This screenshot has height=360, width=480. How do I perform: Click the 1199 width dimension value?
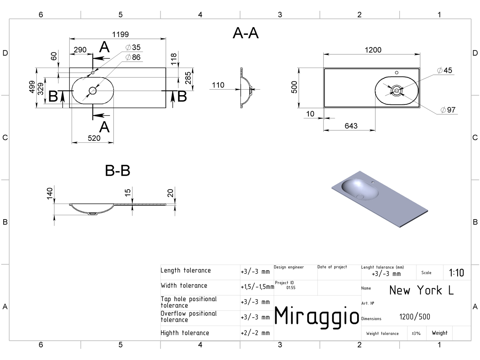click(120, 34)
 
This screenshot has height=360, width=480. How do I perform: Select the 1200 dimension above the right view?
click(373, 50)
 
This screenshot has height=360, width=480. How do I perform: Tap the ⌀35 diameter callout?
click(133, 47)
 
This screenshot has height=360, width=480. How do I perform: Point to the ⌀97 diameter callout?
click(448, 110)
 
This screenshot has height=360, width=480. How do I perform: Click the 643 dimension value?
click(351, 126)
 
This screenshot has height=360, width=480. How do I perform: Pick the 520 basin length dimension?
click(94, 138)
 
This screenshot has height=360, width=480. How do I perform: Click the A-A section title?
click(246, 33)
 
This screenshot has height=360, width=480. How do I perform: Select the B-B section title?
click(118, 170)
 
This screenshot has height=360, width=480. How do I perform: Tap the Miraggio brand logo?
click(317, 316)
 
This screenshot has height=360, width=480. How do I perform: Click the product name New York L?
click(421, 290)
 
